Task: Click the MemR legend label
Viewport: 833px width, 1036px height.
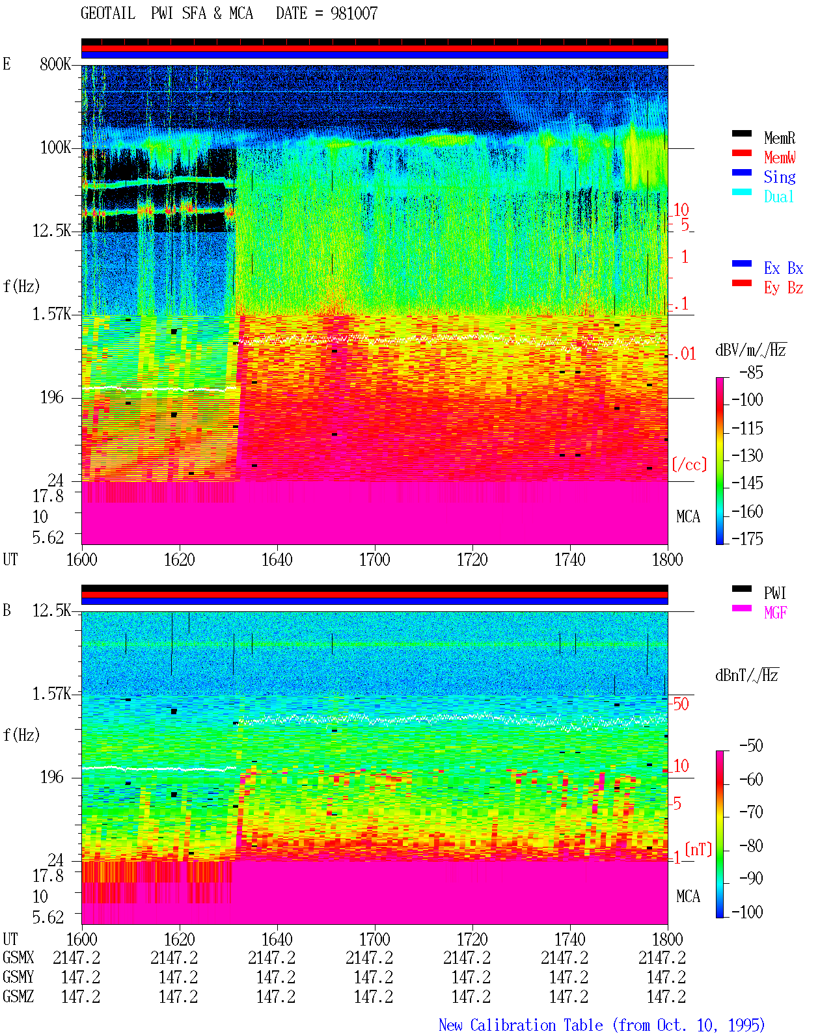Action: tap(779, 138)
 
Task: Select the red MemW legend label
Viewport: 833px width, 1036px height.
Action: tap(779, 157)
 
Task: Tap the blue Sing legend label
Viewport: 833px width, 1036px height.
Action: tap(779, 177)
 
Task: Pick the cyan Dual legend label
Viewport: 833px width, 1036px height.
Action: tap(778, 196)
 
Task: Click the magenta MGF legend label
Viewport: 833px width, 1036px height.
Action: tap(775, 613)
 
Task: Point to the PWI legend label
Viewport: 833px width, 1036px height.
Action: tap(774, 593)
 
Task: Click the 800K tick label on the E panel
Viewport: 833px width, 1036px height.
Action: tap(55, 64)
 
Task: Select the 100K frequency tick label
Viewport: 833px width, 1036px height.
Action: tap(55, 148)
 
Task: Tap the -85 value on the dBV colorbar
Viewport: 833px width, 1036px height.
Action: tap(751, 372)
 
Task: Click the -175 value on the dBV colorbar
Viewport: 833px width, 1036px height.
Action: tap(747, 538)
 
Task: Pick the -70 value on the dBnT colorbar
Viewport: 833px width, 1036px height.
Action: tap(751, 812)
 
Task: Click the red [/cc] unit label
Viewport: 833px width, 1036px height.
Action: tap(689, 464)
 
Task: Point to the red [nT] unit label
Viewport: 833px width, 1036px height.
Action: tap(698, 849)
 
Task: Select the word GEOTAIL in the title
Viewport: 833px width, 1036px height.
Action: tap(108, 14)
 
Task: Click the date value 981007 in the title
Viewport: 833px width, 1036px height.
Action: tap(354, 14)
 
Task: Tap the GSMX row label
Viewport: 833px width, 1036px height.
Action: tap(18, 958)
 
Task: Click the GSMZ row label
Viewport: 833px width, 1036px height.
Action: tap(18, 996)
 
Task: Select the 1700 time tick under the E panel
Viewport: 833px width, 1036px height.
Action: tap(374, 560)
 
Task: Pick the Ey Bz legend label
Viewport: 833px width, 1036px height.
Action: tap(784, 288)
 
